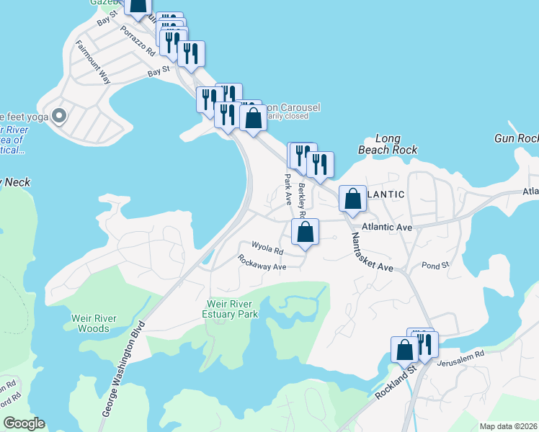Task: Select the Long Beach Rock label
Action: tap(387, 144)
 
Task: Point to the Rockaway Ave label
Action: tap(262, 265)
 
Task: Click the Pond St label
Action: tap(435, 265)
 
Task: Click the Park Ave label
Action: tap(287, 188)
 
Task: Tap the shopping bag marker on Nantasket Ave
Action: tap(352, 199)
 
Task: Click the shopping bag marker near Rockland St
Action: tap(405, 349)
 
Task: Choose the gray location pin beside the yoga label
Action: tap(60, 115)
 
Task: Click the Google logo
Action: tap(24, 423)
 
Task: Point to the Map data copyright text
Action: tap(508, 426)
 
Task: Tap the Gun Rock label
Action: tap(516, 138)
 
